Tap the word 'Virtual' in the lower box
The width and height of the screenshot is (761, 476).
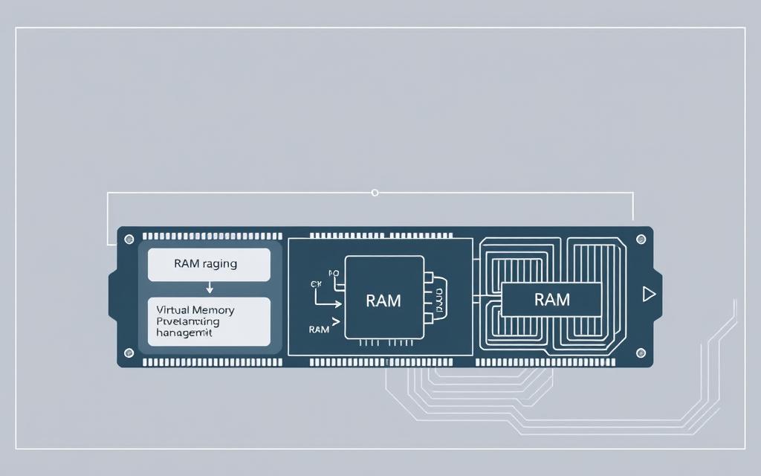pos(173,309)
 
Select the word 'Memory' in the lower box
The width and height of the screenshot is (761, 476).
pos(215,309)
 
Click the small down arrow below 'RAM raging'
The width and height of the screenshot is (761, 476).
pos(210,288)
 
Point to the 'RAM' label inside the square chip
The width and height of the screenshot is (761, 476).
pos(383,300)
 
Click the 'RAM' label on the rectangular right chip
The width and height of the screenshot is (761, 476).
pos(551,300)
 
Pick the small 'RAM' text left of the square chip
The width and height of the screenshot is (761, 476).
pos(318,329)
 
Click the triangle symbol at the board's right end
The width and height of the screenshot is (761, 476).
pos(649,295)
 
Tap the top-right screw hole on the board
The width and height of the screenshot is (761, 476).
pos(641,239)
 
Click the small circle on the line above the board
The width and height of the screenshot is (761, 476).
pos(375,193)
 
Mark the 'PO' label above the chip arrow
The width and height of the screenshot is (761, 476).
pos(333,274)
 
